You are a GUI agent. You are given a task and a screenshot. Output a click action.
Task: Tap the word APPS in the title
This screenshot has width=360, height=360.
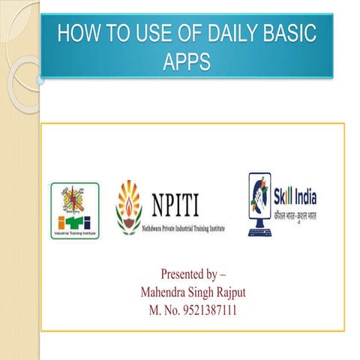(187, 60)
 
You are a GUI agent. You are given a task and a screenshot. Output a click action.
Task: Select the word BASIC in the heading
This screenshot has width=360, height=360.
(292, 34)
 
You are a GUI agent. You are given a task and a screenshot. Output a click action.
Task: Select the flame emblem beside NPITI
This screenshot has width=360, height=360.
(129, 206)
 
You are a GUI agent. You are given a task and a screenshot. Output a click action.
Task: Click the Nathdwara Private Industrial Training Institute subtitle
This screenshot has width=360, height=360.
(183, 227)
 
